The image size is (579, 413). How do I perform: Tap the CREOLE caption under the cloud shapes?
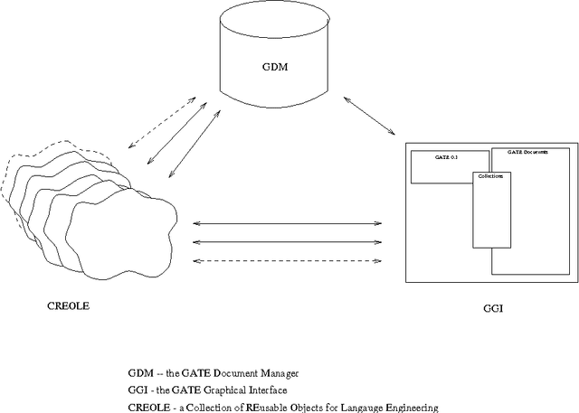click(x=68, y=305)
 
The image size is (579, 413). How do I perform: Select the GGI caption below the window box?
click(x=493, y=309)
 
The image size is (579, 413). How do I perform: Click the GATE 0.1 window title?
click(x=426, y=157)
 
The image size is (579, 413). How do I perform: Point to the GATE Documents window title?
click(x=527, y=152)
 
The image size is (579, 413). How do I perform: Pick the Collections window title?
click(x=490, y=176)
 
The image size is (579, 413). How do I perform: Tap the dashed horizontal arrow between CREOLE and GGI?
click(x=289, y=261)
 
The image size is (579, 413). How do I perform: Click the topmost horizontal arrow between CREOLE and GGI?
click(x=289, y=222)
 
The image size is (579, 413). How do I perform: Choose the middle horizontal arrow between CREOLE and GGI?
click(x=289, y=241)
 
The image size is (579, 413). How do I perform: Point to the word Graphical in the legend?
click(x=228, y=390)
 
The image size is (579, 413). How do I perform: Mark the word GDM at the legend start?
click(x=141, y=372)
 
